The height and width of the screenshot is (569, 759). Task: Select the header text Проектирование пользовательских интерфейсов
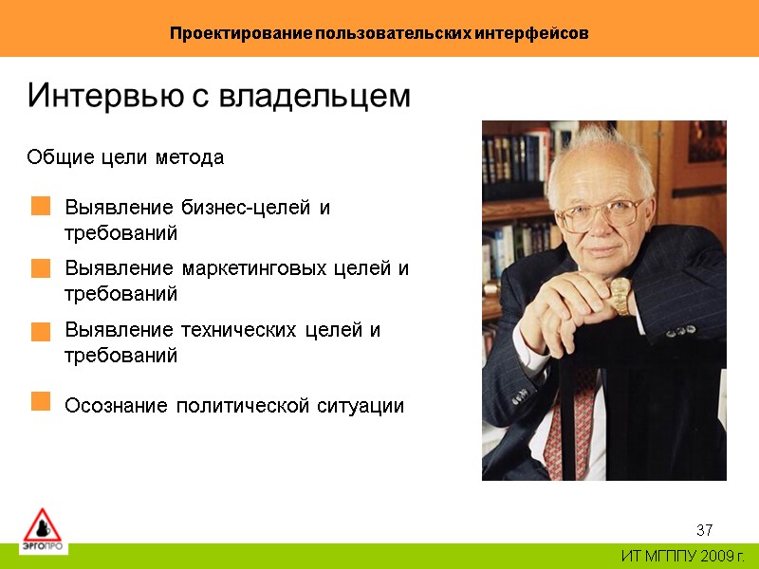[379, 33]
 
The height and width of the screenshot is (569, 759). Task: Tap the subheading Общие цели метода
[125, 157]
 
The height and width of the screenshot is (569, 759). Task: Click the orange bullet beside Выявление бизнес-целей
[40, 207]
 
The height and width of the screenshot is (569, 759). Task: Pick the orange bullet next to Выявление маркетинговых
[40, 268]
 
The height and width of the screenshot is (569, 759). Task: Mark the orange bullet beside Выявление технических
[40, 331]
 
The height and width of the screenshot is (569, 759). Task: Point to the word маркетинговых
[257, 269]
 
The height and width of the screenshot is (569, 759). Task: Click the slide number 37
[704, 529]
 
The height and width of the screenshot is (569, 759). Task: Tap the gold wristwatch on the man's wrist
[620, 296]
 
